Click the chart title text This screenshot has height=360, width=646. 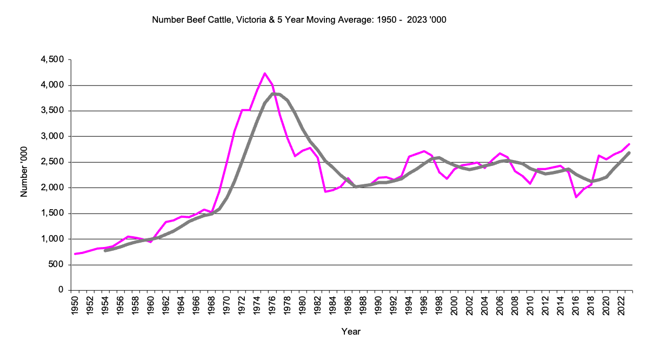tap(299, 20)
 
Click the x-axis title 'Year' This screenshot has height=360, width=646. tap(351, 331)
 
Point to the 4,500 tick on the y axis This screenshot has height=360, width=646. tap(52, 59)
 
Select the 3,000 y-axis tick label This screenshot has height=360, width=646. tap(52, 136)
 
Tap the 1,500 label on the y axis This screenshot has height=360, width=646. tap(52, 214)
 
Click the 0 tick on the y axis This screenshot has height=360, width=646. tap(61, 290)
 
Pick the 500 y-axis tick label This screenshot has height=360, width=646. tap(56, 265)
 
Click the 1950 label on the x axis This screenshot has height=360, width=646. tap(75, 305)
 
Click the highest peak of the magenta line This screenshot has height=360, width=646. tap(265, 73)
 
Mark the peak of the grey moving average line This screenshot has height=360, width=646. tap(275, 94)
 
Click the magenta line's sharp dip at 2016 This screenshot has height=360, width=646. tap(576, 197)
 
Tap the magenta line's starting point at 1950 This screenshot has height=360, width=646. tap(75, 254)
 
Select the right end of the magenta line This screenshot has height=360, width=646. tap(629, 144)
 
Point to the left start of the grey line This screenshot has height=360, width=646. tap(105, 251)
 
